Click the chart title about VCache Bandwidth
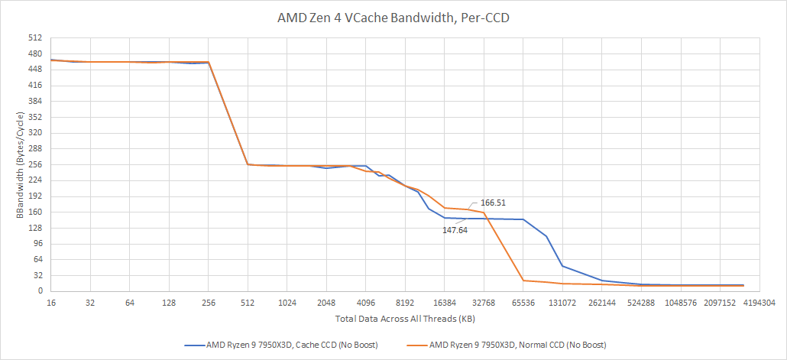click(393, 18)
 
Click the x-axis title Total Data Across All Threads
click(405, 319)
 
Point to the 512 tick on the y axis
click(36, 38)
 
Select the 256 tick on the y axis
click(36, 164)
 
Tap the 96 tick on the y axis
click(38, 244)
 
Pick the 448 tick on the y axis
click(36, 70)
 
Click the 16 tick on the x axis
click(50, 303)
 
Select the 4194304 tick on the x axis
click(759, 303)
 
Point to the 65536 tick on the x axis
click(523, 303)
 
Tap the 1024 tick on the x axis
click(287, 303)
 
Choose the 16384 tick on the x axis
click(445, 303)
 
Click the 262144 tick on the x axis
click(602, 303)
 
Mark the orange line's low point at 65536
click(523, 281)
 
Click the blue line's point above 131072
click(562, 266)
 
